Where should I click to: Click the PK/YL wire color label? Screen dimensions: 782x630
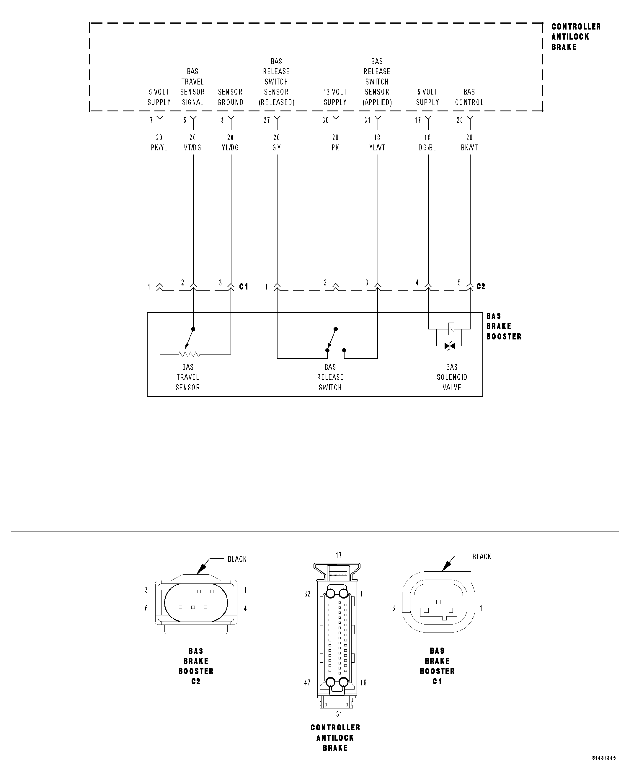(x=159, y=148)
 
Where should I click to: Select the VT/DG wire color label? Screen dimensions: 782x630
(x=192, y=148)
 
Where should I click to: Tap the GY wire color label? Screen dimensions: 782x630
(x=277, y=148)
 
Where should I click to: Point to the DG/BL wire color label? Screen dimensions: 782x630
(x=427, y=148)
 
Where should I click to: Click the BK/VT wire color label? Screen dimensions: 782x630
(x=469, y=148)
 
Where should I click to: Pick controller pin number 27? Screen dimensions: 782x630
(x=267, y=120)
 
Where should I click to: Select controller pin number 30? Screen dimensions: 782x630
(x=326, y=120)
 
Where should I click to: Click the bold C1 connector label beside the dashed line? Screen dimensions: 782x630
(x=244, y=287)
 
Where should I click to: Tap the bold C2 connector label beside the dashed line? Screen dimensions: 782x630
(x=481, y=286)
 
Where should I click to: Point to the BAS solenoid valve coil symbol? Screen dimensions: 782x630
(x=451, y=329)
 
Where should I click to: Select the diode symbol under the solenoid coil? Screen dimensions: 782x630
(x=450, y=346)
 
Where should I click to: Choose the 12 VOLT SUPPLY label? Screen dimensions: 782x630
(x=335, y=97)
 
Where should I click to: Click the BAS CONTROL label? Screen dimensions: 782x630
(x=469, y=97)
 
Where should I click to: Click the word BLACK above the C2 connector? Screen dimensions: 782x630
(x=237, y=559)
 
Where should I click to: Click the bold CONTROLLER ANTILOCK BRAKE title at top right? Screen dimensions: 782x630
(x=576, y=37)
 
